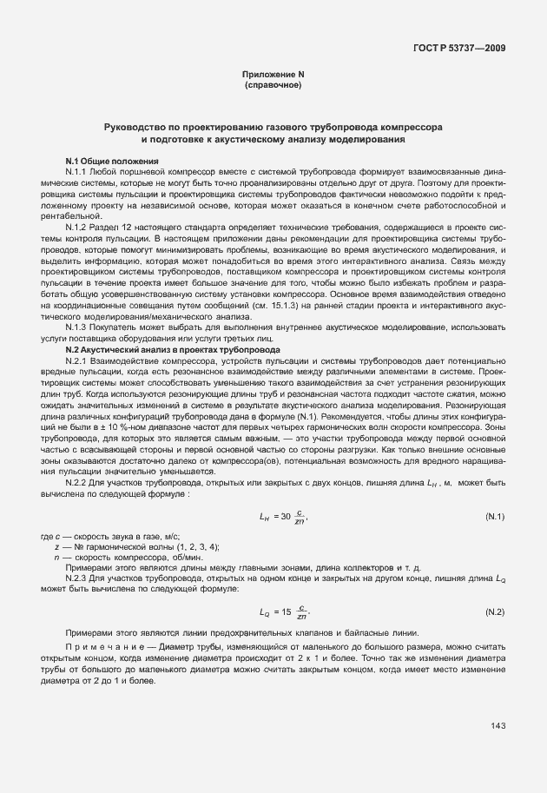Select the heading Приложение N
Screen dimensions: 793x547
point(273,75)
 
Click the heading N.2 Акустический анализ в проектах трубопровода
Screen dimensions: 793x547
point(173,348)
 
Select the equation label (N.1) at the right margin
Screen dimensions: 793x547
point(495,517)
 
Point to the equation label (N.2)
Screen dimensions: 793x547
point(495,611)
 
